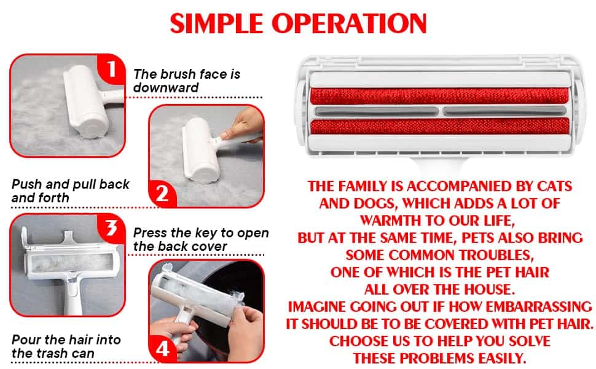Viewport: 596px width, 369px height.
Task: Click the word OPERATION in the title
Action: tap(350, 23)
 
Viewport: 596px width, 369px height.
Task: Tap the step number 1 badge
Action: tap(111, 69)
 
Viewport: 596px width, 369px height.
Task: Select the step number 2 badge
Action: tap(162, 193)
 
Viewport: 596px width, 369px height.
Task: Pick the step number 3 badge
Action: tap(111, 228)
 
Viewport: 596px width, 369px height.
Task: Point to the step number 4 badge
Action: tap(163, 349)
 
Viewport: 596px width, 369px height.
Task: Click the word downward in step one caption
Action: tap(166, 88)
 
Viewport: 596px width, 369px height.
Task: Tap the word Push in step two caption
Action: tap(26, 184)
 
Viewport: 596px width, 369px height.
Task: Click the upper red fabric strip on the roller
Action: tap(440, 96)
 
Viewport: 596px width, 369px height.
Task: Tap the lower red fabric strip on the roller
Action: tap(440, 126)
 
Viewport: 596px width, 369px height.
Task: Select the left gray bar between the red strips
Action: tap(377, 111)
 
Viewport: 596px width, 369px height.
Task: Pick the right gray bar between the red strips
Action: tap(504, 111)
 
